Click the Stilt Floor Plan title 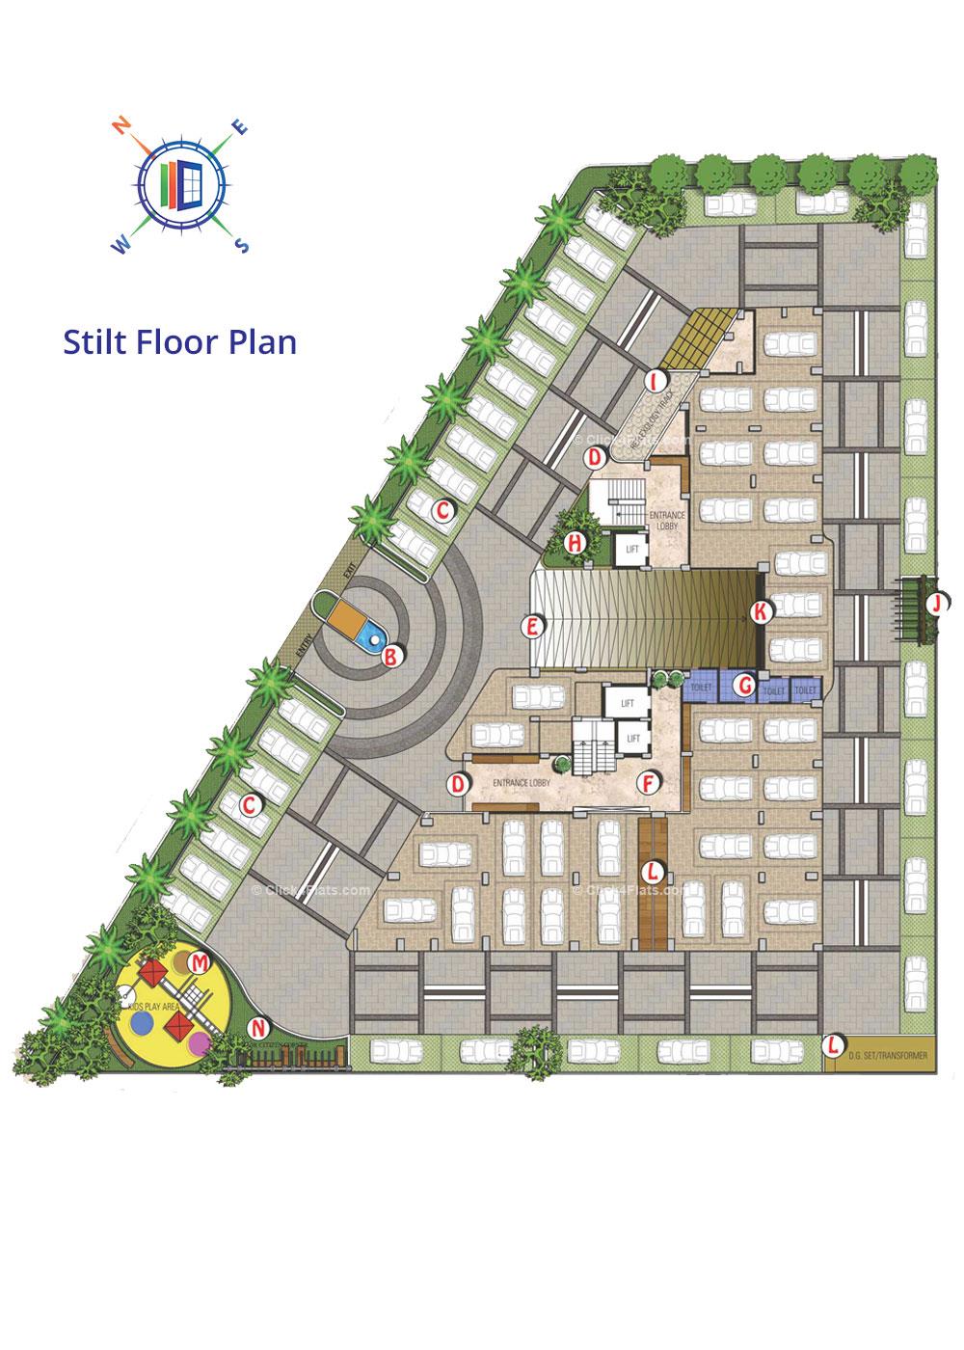click(x=179, y=341)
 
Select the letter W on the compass click(x=121, y=246)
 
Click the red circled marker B click(x=391, y=658)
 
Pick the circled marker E click(x=530, y=627)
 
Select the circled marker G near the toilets click(x=743, y=686)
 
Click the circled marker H click(x=575, y=542)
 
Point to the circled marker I click(x=656, y=380)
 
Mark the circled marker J click(x=934, y=605)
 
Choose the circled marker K click(x=762, y=610)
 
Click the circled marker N click(x=257, y=1027)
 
